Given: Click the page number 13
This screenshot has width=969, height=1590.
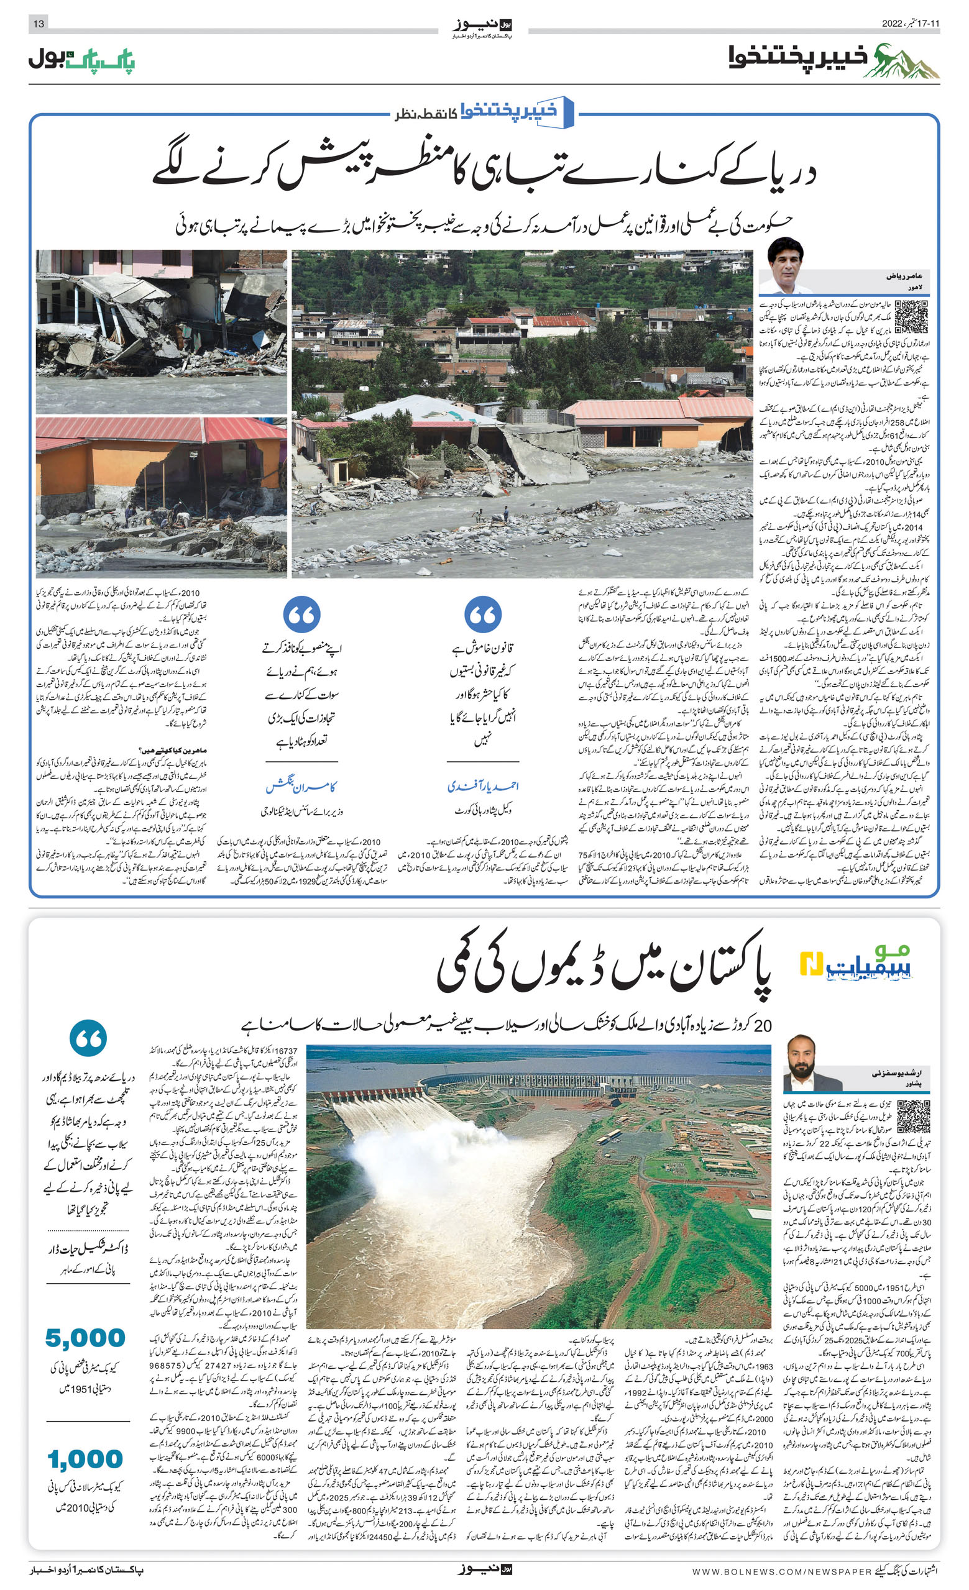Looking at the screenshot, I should tap(39, 24).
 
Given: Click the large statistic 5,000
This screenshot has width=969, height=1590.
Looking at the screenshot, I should tap(85, 1338).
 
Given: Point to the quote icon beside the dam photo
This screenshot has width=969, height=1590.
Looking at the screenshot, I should tap(88, 1038).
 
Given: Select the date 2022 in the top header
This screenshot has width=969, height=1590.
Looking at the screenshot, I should tap(896, 24).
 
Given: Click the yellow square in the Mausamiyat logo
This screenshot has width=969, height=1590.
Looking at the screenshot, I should tap(809, 964).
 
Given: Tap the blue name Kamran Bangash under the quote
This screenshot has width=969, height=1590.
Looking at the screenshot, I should tap(301, 785).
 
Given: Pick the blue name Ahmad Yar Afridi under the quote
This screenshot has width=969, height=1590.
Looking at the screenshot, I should tap(483, 785).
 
